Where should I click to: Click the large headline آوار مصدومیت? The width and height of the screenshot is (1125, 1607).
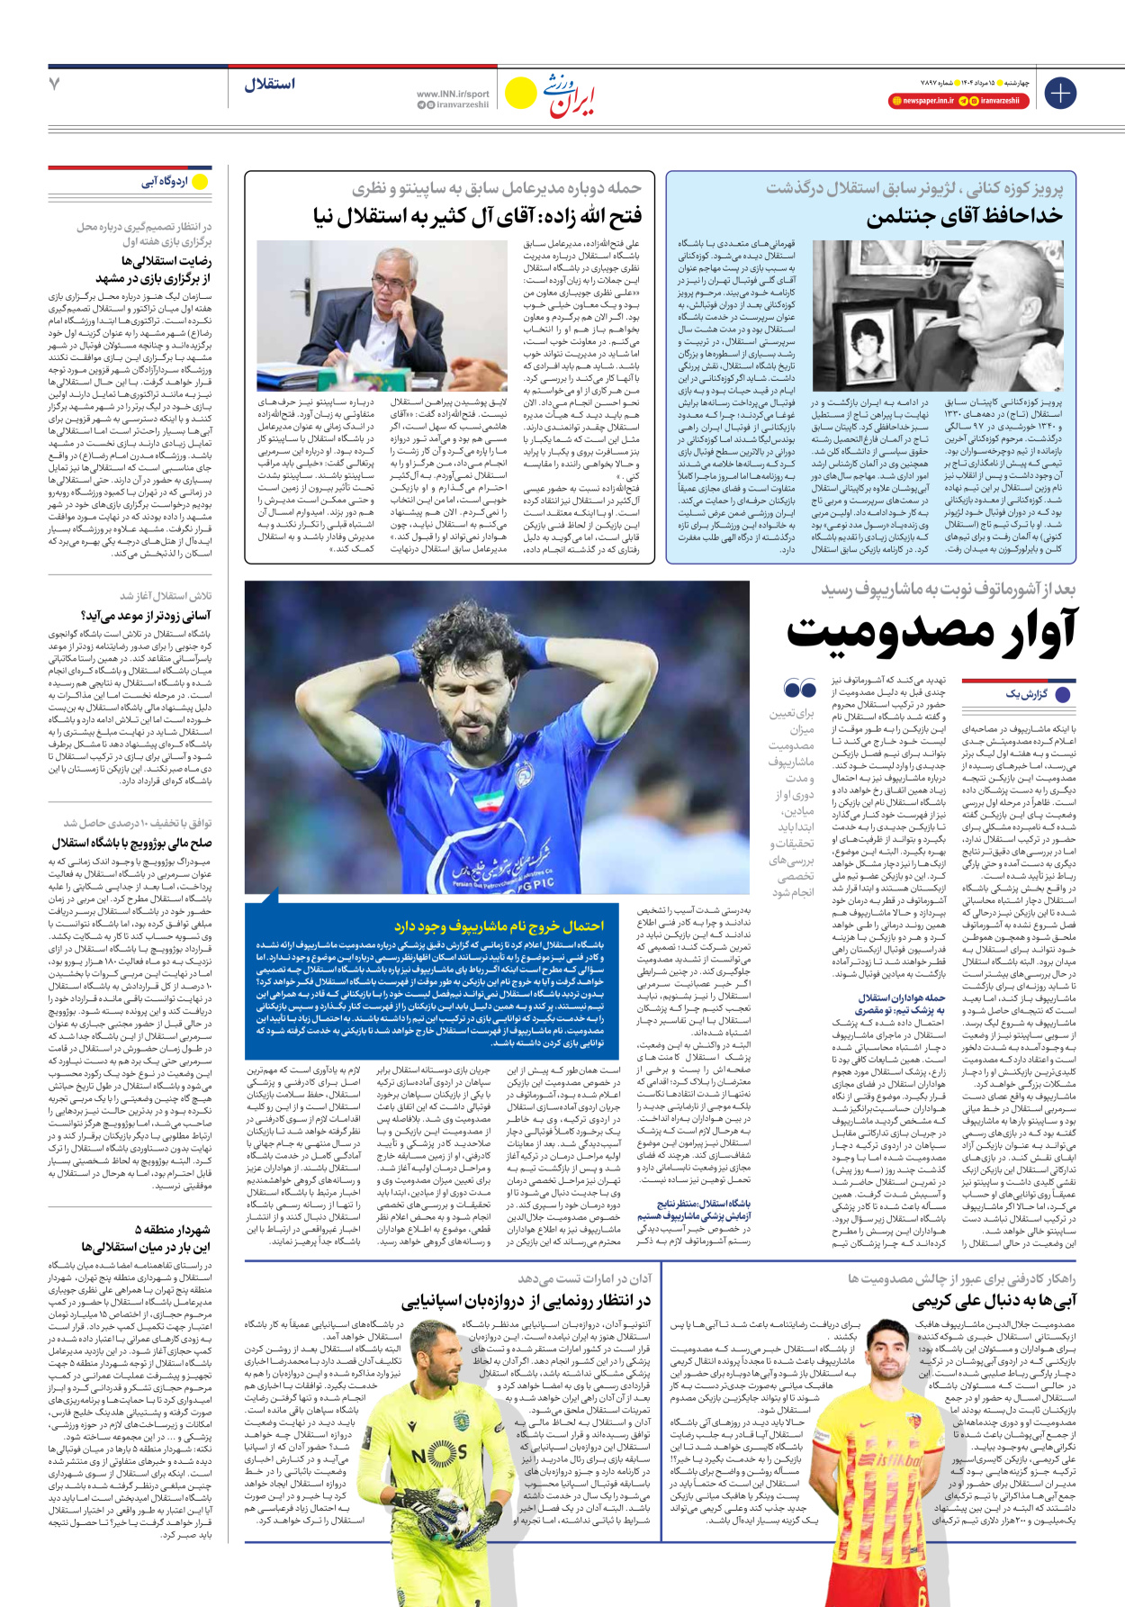(931, 630)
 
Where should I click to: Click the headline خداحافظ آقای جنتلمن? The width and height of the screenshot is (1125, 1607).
(964, 217)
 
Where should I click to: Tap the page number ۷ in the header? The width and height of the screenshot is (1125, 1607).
(55, 84)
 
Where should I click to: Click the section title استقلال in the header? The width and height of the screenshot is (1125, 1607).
(269, 84)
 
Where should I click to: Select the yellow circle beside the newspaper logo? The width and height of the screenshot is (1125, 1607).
(520, 93)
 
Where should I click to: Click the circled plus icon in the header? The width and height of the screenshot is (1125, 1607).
(1059, 93)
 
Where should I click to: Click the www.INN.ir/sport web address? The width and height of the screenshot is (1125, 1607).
(453, 94)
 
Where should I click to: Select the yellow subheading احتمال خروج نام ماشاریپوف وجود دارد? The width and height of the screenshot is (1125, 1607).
(499, 925)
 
